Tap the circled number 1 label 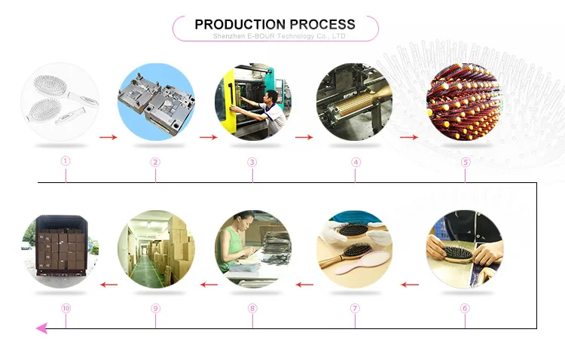click(x=66, y=161)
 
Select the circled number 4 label click(x=356, y=161)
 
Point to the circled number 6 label click(x=465, y=308)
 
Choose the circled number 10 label click(x=66, y=308)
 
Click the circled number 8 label click(x=252, y=308)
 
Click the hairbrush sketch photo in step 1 click(x=60, y=102)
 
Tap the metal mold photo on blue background click(x=156, y=102)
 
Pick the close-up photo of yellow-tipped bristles click(x=464, y=102)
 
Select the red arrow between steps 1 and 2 click(x=108, y=137)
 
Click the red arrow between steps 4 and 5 click(x=409, y=137)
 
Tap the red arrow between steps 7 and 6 click(x=409, y=285)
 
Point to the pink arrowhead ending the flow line click(x=42, y=328)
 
